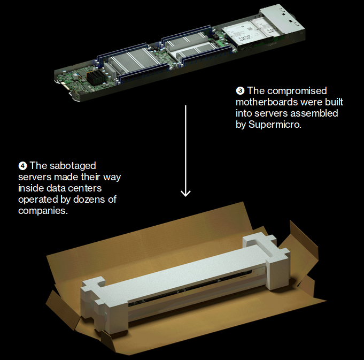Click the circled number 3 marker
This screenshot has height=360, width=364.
click(x=240, y=91)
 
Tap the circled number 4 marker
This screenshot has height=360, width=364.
click(x=22, y=166)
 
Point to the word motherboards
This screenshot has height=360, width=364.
click(x=264, y=102)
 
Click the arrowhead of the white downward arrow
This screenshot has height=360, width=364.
click(x=185, y=192)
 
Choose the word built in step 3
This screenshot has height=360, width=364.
click(x=329, y=102)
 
